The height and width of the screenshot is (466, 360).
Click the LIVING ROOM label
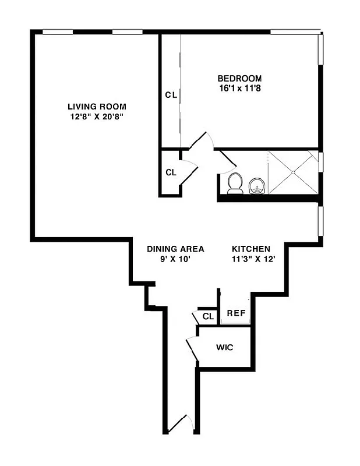coord(97,107)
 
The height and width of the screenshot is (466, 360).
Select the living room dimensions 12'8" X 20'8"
coord(97,116)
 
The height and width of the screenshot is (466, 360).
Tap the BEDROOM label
coord(239,79)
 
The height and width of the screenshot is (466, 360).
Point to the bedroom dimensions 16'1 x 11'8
coord(239,89)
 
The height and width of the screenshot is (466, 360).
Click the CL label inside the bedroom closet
coord(171,94)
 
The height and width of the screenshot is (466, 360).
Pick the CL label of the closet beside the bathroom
coord(171,172)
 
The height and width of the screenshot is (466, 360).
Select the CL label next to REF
coord(208,316)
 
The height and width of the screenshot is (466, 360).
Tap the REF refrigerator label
coord(236,313)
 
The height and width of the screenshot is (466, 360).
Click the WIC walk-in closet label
coord(225,348)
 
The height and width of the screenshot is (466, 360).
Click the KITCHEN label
coord(251,248)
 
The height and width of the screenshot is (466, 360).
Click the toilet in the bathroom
coord(235,183)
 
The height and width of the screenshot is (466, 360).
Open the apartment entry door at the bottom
coord(178,424)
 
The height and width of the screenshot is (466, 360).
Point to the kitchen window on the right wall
coord(320,221)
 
